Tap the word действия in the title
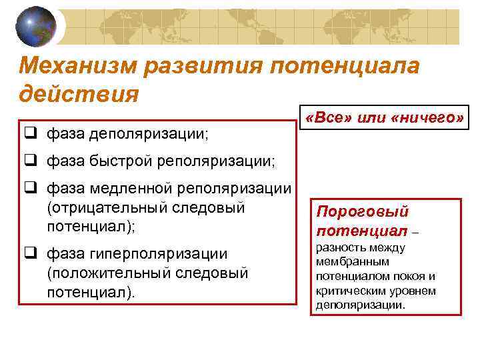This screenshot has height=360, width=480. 79,93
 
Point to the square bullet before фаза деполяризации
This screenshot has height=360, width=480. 29,134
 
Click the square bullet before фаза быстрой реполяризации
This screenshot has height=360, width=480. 29,161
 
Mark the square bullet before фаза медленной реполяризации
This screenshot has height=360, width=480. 29,189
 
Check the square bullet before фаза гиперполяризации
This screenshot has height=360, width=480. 29,254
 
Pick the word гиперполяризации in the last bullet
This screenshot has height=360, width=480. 154,254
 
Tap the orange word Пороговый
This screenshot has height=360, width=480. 361,212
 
